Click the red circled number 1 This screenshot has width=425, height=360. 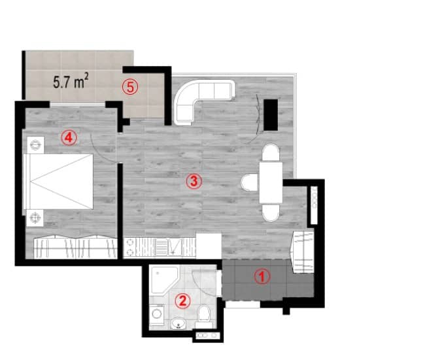coord(262,276)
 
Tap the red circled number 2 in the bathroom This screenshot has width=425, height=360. coord(184,301)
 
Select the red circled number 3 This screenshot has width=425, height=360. coord(192,182)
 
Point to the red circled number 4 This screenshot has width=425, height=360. coord(68,137)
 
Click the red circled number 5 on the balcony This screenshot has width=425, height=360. coord(130,86)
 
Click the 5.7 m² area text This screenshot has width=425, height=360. coord(71,82)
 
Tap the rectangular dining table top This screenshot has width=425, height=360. coord(270,182)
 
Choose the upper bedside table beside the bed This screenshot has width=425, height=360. coord(34,142)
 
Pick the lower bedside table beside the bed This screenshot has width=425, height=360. coord(34,217)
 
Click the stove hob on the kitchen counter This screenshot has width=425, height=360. coord(132,246)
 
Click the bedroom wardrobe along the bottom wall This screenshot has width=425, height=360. coord(75,247)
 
